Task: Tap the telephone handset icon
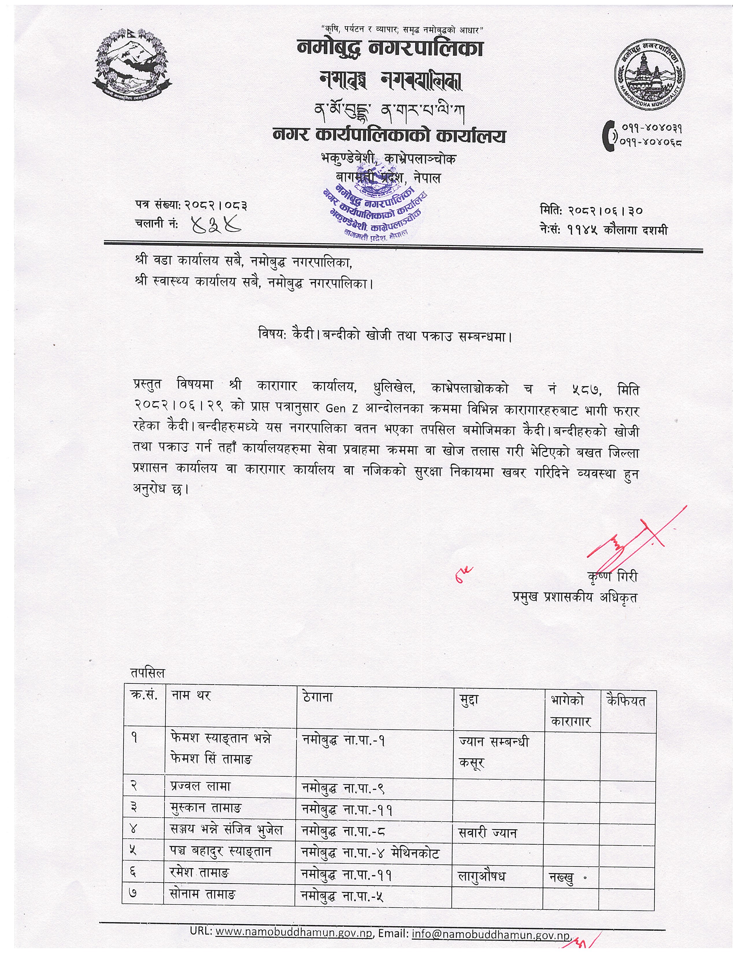(x=608, y=137)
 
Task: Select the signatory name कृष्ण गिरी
(x=612, y=577)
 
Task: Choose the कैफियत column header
(x=626, y=701)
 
